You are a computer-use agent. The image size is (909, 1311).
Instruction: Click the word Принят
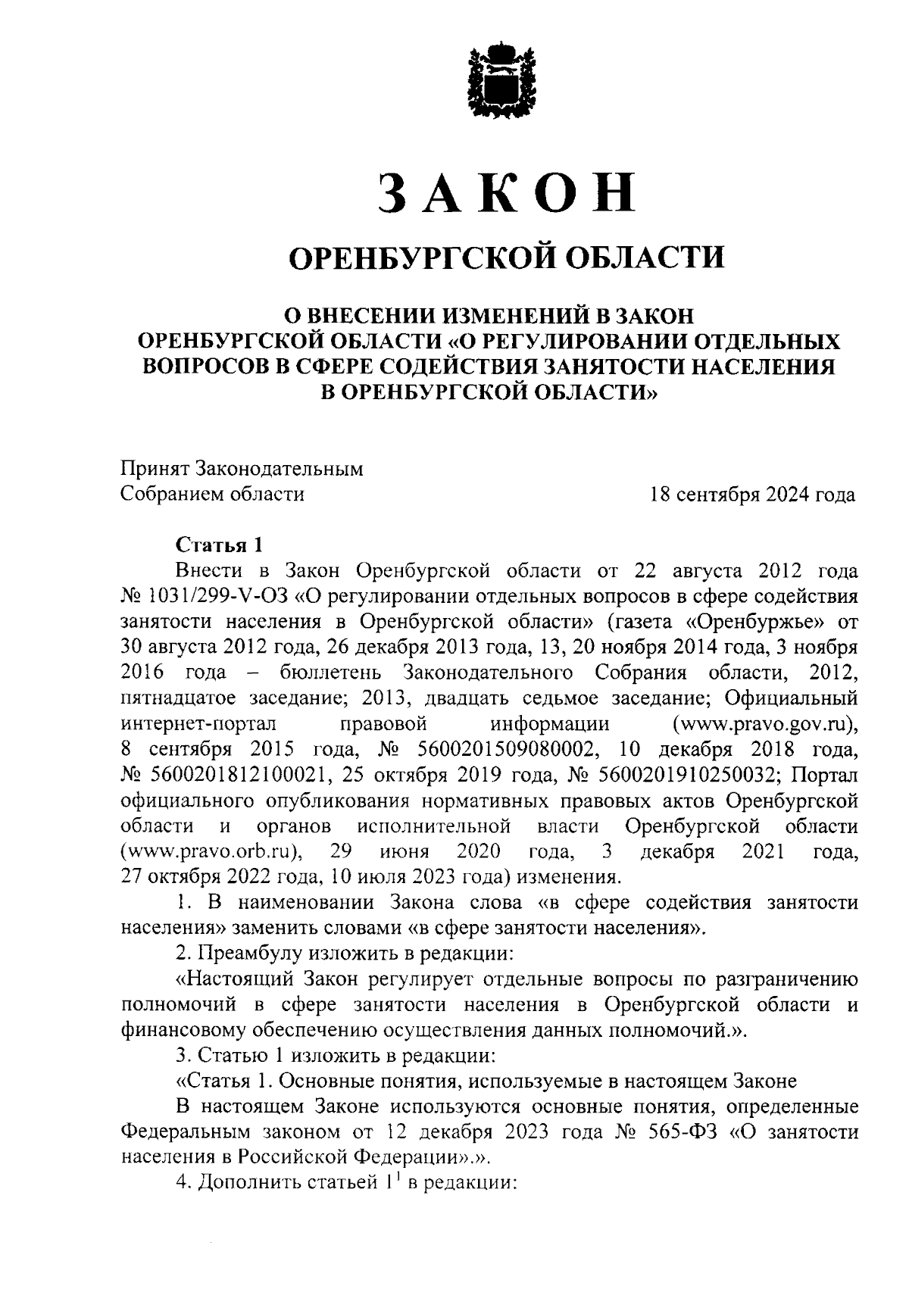(155, 469)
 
